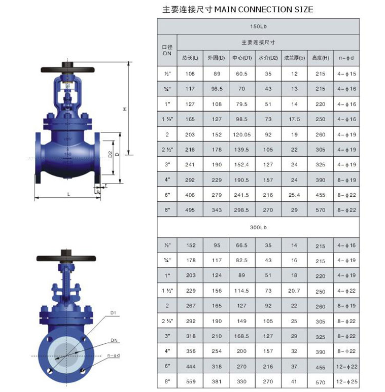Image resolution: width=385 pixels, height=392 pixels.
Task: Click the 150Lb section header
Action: pyautogui.click(x=258, y=26)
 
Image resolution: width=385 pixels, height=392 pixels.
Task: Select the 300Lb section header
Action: pyautogui.click(x=258, y=228)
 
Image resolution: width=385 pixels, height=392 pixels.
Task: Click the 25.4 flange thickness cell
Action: pyautogui.click(x=294, y=195)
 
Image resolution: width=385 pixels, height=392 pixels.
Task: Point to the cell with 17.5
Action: pyautogui.click(x=294, y=120)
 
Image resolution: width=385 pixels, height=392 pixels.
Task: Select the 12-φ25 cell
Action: pyautogui.click(x=347, y=381)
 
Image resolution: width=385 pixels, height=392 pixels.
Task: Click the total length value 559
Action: pyautogui.click(x=190, y=381)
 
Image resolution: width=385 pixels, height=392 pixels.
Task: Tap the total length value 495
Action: pyautogui.click(x=190, y=210)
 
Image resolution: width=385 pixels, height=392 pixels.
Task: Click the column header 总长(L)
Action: pyautogui.click(x=190, y=58)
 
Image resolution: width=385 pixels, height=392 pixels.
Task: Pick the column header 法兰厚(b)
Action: pyautogui.click(x=294, y=58)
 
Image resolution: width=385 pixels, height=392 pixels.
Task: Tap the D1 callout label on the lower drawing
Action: pyautogui.click(x=114, y=313)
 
